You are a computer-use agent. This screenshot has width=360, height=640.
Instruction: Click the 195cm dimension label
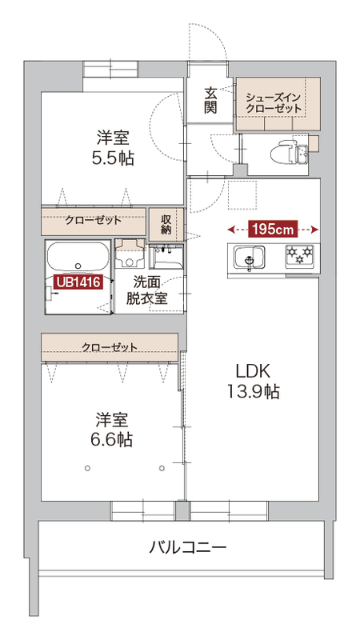273,229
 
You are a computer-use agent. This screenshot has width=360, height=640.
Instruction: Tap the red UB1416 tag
78,282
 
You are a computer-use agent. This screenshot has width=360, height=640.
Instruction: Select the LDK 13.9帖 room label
253,382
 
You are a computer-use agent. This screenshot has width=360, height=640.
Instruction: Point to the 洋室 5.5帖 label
113,148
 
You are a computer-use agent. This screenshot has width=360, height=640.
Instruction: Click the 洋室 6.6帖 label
112,429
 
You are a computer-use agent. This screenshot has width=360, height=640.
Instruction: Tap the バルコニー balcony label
187,547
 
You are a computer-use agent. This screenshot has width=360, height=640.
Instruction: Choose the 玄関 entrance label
211,101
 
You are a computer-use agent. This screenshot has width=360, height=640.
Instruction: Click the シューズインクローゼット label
273,103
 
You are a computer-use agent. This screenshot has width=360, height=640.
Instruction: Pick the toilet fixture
289,153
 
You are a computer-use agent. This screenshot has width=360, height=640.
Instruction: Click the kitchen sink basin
249,258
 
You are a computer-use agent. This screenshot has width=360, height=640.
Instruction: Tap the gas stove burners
299,256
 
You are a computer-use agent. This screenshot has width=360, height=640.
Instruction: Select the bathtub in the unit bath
78,256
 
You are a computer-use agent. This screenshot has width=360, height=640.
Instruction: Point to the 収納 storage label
167,224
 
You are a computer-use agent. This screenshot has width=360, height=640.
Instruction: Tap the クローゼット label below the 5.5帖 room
93,220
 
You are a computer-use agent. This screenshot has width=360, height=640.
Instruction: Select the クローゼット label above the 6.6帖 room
109,347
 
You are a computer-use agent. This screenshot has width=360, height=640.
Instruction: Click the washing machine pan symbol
130,253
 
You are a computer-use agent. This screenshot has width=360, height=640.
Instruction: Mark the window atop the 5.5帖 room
110,69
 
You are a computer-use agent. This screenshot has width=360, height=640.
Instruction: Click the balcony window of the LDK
229,510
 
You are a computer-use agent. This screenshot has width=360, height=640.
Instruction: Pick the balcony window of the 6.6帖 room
144,510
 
